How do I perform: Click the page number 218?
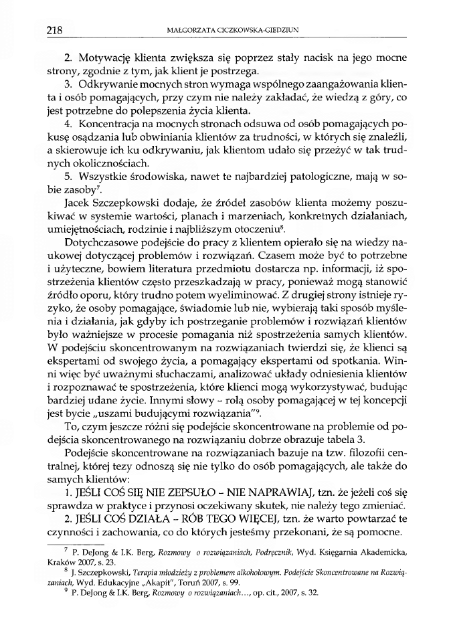coord(54,29)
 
